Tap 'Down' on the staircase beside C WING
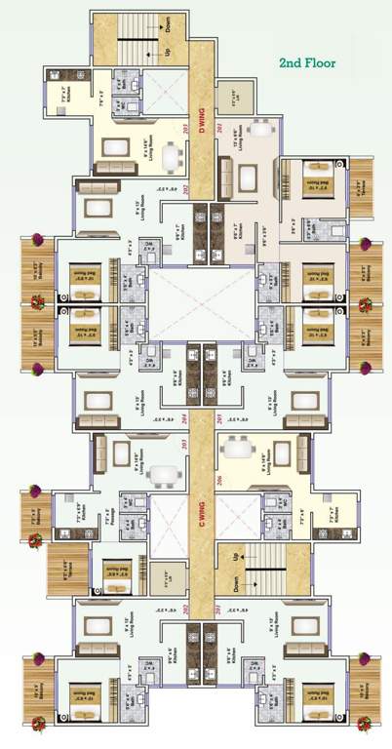pos(235,583)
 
